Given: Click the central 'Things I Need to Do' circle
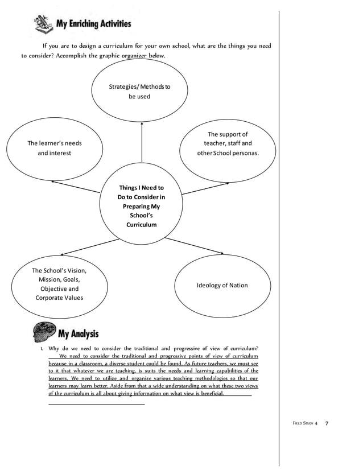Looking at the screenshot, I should (x=141, y=205).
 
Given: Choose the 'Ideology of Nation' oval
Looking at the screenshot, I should (x=222, y=285).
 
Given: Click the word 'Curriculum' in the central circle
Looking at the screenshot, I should (x=141, y=225).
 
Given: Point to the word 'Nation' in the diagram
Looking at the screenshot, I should (x=237, y=285).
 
